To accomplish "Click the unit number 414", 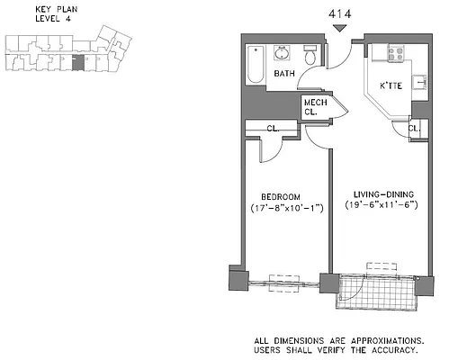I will click(x=338, y=13).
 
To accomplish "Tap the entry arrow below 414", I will click(x=338, y=29).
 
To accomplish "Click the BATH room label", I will click(x=285, y=74).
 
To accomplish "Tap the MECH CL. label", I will click(x=315, y=107).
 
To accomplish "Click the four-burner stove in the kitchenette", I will click(x=396, y=52).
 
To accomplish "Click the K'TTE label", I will click(x=391, y=85).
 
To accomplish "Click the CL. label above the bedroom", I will click(x=271, y=130).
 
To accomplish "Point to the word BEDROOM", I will click(x=281, y=196).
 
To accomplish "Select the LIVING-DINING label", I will click(x=378, y=193).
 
